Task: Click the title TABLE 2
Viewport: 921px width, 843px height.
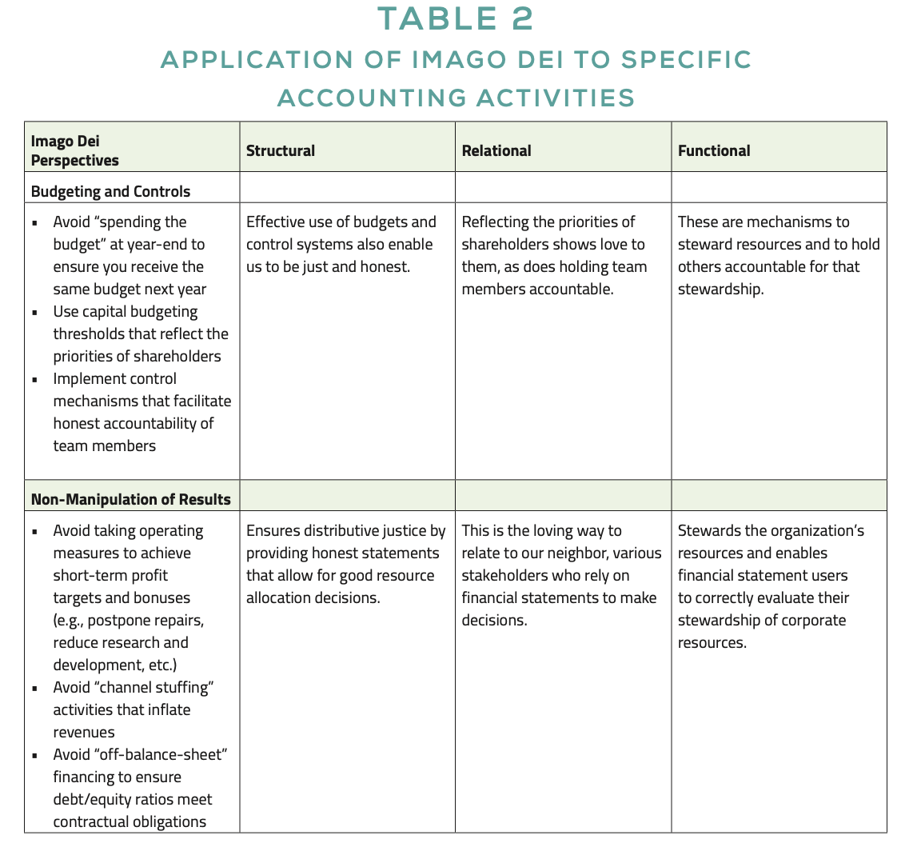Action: point(454,19)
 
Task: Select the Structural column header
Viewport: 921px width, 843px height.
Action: point(280,150)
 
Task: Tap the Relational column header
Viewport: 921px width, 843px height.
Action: point(496,150)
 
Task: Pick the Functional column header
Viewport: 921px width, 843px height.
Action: point(713,150)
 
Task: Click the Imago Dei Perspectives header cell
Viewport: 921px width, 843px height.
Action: point(74,150)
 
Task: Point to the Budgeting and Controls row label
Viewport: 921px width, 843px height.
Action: point(110,191)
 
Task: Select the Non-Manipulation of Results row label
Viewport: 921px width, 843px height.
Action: point(130,499)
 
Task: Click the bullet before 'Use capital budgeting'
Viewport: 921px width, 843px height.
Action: point(35,313)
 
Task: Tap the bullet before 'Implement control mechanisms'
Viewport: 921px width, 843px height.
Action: point(35,380)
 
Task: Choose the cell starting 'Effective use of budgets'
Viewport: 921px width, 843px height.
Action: point(341,244)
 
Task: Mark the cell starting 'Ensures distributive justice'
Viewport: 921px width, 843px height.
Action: point(345,564)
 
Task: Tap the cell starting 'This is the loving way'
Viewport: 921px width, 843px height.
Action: point(561,575)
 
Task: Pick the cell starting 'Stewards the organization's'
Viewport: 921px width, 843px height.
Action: point(771,586)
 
